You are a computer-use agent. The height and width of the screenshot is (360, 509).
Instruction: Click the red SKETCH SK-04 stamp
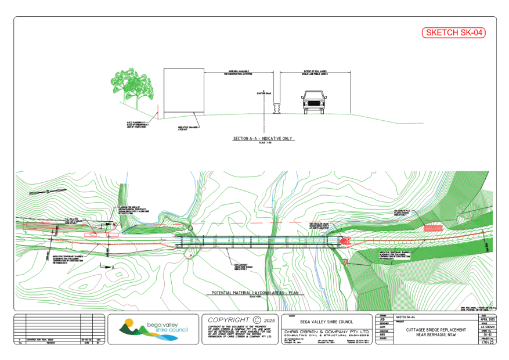[453, 33]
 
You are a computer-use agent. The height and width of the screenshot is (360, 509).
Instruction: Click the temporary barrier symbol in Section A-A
[276, 108]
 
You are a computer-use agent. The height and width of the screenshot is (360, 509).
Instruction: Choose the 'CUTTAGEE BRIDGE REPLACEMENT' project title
[428, 330]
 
